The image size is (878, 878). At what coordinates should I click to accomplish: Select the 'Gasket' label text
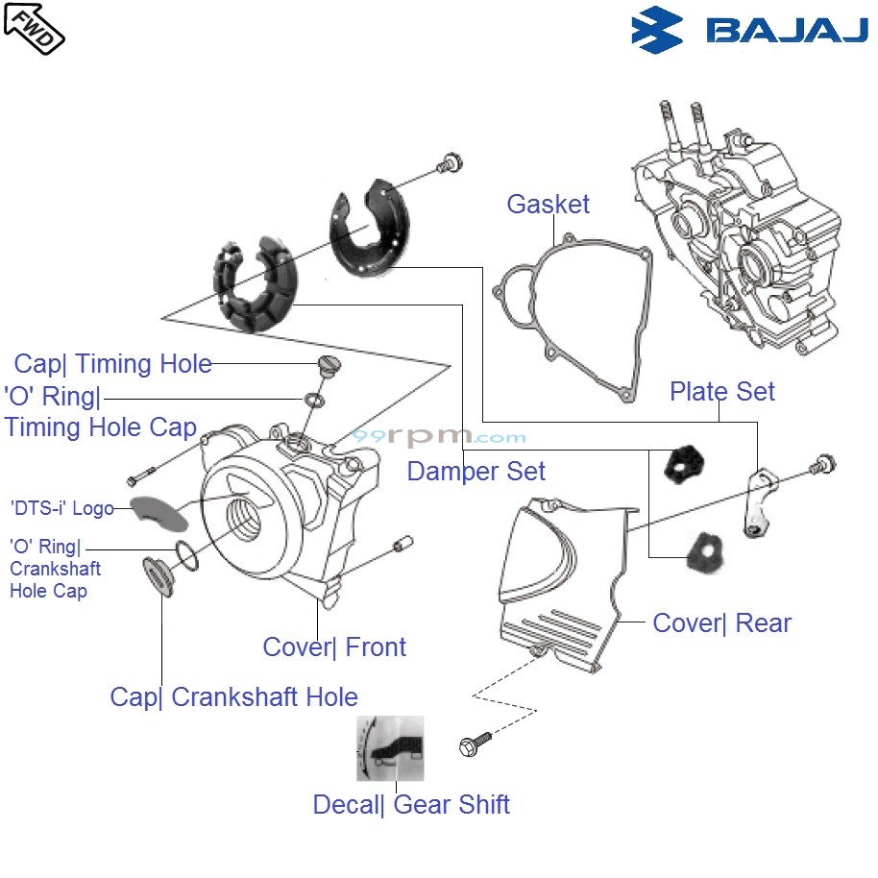(x=548, y=204)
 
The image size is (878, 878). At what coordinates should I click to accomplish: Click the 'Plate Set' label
(x=721, y=391)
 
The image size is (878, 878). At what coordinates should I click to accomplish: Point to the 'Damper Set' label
(x=476, y=471)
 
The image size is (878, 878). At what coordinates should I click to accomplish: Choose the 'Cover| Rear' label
(x=721, y=622)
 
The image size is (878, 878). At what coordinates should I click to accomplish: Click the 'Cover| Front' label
(x=334, y=646)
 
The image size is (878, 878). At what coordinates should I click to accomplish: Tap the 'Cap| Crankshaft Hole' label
(x=233, y=696)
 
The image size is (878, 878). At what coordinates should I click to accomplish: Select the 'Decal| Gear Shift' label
(x=411, y=804)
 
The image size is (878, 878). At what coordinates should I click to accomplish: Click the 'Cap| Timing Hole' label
(x=112, y=364)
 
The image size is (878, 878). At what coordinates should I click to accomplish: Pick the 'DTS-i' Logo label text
(x=61, y=508)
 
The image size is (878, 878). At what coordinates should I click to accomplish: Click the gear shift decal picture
(x=390, y=747)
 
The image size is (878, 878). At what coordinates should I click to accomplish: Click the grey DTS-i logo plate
(x=159, y=512)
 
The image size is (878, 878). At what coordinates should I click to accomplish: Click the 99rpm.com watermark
(x=438, y=437)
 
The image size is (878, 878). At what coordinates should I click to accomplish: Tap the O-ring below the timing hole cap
(x=314, y=399)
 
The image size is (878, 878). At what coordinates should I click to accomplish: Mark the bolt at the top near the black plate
(x=447, y=164)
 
